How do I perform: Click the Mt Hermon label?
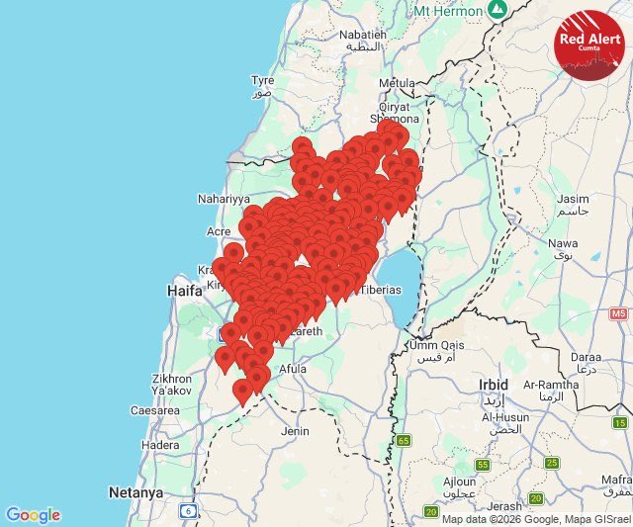(x=446, y=11)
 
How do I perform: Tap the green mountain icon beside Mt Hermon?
(x=497, y=10)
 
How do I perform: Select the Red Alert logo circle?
(x=589, y=44)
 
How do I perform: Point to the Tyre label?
(x=262, y=81)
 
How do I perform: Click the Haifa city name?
(x=185, y=291)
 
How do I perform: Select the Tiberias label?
(x=380, y=289)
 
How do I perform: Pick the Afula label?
(x=292, y=369)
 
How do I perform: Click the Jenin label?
(x=295, y=431)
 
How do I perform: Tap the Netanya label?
(x=136, y=491)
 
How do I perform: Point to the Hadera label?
(x=160, y=445)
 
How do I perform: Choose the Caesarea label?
(x=154, y=409)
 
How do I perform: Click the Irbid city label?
(x=493, y=384)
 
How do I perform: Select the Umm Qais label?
(x=437, y=345)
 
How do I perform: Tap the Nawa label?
(x=563, y=242)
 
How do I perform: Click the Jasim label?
(x=572, y=199)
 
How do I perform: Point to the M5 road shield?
(x=619, y=313)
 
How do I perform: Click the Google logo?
(x=33, y=515)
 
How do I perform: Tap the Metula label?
(x=398, y=83)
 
